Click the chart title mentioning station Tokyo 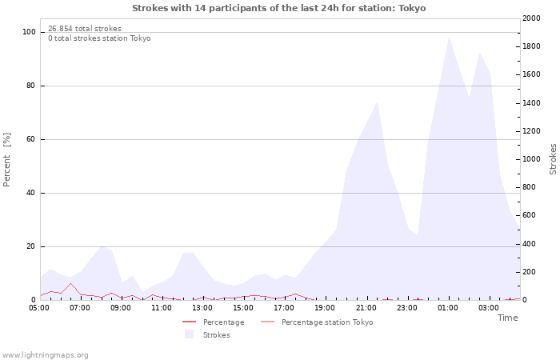point(279,8)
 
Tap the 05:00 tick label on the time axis point(39,308)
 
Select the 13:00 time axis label point(202,308)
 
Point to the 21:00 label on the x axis point(366,308)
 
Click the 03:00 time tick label point(489,308)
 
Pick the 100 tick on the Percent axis point(29,32)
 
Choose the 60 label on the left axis point(30,139)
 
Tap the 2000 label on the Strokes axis point(531,18)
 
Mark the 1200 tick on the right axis point(531,131)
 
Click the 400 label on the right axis point(529,244)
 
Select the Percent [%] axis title point(6,160)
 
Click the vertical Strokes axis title point(553,159)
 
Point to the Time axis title point(507,318)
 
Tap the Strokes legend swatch point(189,334)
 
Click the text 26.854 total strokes point(85,29)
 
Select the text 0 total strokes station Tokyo point(99,38)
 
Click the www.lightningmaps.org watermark point(45,355)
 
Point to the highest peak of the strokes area point(449,37)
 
